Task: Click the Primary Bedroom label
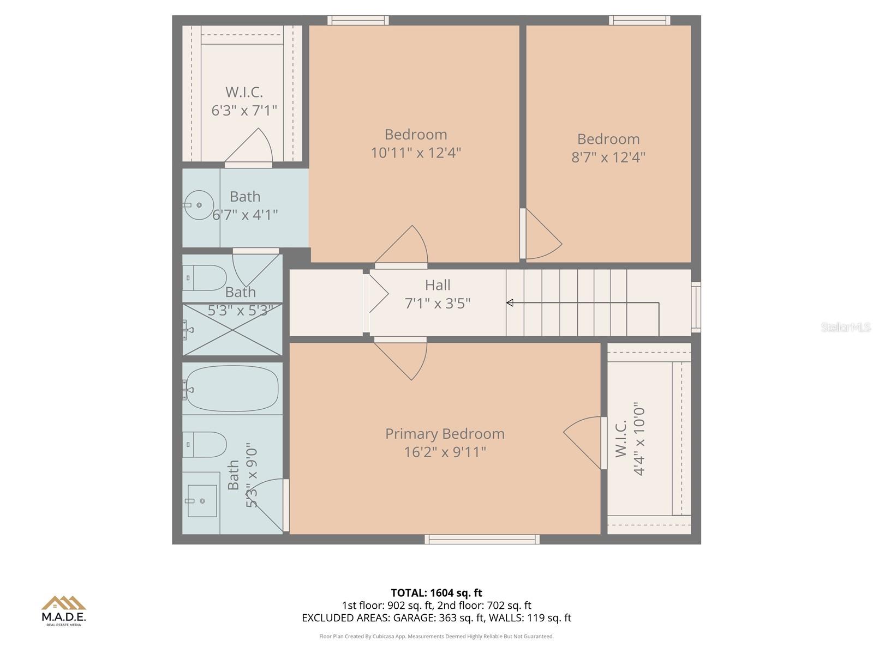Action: (x=445, y=434)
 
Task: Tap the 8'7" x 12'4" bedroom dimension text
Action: (x=608, y=158)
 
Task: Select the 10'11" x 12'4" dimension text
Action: (x=416, y=153)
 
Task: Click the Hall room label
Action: (x=438, y=285)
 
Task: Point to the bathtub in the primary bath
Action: (x=232, y=389)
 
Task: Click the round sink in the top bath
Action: (x=198, y=205)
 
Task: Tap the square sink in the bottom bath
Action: (x=202, y=500)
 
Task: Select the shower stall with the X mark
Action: (x=232, y=330)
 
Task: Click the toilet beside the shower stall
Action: (x=204, y=277)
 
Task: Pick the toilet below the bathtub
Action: (x=204, y=444)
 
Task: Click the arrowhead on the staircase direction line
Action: (x=510, y=302)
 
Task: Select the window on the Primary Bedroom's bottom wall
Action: (x=482, y=539)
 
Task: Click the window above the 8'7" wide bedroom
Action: (x=639, y=20)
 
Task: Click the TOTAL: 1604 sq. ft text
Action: (x=436, y=592)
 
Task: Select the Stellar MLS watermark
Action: (x=845, y=327)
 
